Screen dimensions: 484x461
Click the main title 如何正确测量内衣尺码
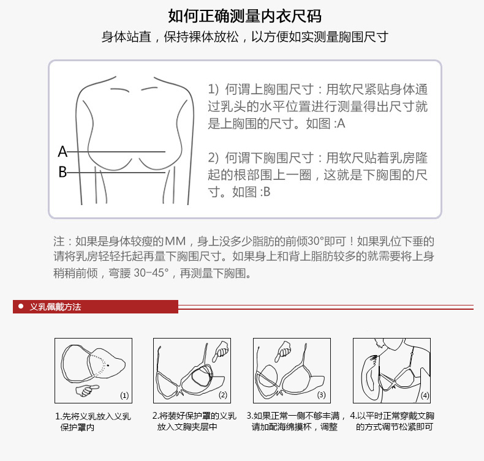245,16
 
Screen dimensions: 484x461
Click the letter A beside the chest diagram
62,152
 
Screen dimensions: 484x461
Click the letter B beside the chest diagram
62,172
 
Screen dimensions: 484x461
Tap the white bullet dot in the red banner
21,306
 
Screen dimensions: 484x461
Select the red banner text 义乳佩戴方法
56,307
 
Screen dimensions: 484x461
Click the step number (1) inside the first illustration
124,395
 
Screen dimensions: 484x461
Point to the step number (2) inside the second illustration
223,395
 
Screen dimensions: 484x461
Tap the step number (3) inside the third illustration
321,395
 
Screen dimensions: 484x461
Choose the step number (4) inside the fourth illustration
425,395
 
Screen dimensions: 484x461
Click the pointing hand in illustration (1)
87,390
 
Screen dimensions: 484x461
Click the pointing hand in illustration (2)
221,351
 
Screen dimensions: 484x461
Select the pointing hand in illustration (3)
282,351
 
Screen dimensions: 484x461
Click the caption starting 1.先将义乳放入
93,422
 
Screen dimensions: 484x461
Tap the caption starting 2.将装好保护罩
194,421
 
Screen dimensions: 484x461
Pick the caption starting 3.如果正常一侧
296,421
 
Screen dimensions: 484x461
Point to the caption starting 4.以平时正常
392,421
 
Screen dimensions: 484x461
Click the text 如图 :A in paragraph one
325,124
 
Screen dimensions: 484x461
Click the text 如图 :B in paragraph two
251,192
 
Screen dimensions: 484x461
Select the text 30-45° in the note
151,273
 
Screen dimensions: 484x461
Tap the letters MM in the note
175,241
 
